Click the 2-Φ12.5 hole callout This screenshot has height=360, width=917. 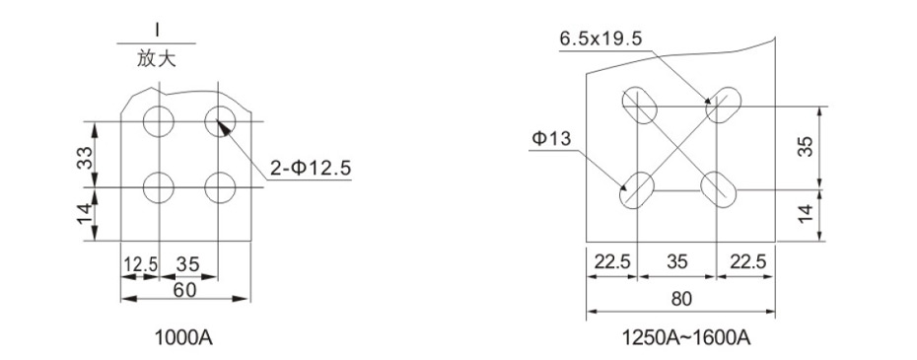click(310, 169)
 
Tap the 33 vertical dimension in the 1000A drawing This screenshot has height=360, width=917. click(86, 158)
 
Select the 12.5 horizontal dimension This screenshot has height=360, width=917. click(140, 264)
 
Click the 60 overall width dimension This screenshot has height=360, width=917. click(185, 290)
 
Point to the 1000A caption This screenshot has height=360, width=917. click(183, 337)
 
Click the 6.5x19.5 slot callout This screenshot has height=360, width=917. click(600, 39)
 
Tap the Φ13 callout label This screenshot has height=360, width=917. click(551, 139)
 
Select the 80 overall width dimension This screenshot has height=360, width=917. click(680, 299)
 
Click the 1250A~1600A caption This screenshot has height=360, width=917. click(685, 337)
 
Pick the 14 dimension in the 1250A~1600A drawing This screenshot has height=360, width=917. click(806, 214)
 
